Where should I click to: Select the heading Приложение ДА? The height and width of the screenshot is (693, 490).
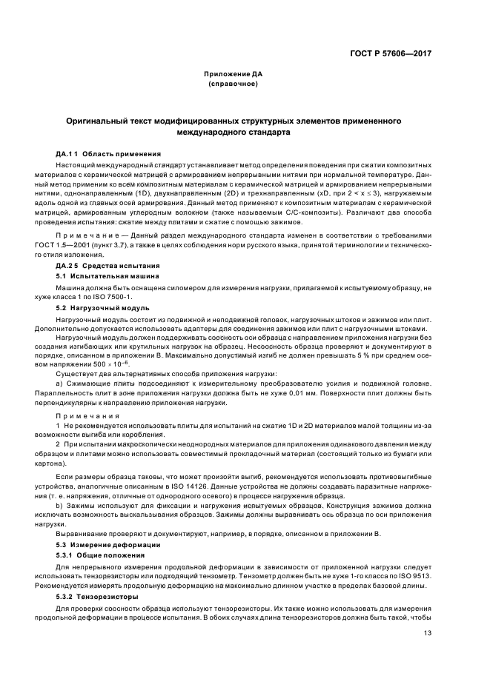234,74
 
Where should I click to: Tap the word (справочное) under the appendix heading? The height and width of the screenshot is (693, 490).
234,84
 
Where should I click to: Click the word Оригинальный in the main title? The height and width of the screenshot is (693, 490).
98,120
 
